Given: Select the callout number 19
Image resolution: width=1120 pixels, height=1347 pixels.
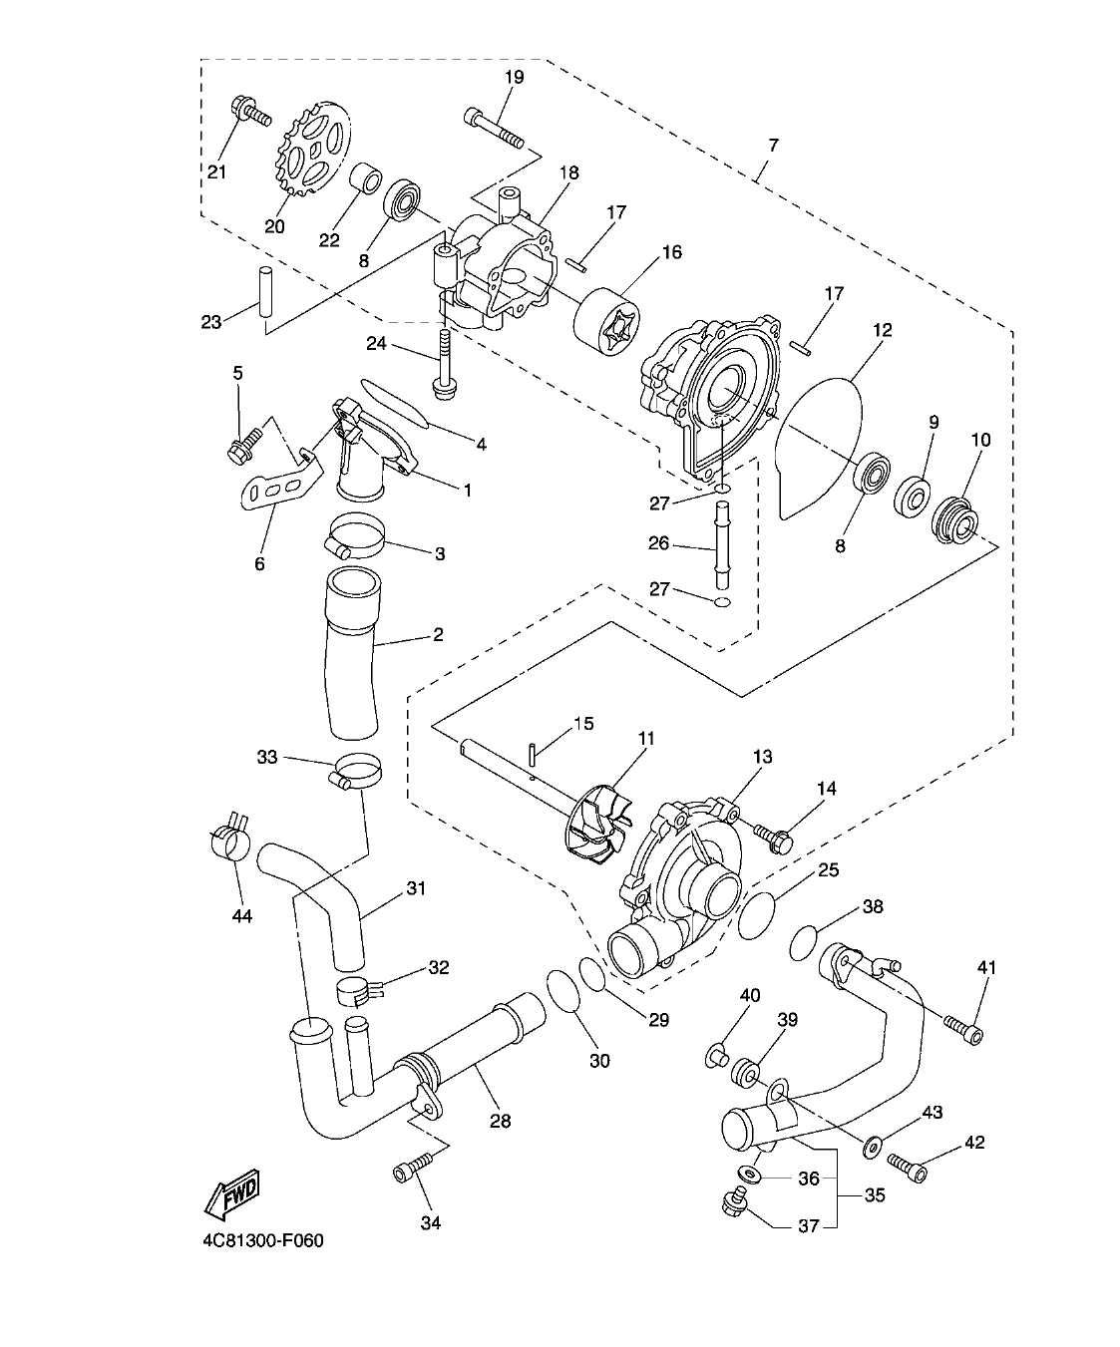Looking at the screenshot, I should click(514, 77).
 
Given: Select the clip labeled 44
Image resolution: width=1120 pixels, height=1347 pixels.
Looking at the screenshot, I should click(229, 839).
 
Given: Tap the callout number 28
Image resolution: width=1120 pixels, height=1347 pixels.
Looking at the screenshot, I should click(500, 1121).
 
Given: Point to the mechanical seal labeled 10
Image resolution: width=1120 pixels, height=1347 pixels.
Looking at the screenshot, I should click(955, 518).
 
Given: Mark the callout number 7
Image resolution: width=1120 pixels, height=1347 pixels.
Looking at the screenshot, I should click(773, 146).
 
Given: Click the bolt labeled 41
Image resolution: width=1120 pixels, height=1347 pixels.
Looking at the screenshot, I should click(964, 1030).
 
